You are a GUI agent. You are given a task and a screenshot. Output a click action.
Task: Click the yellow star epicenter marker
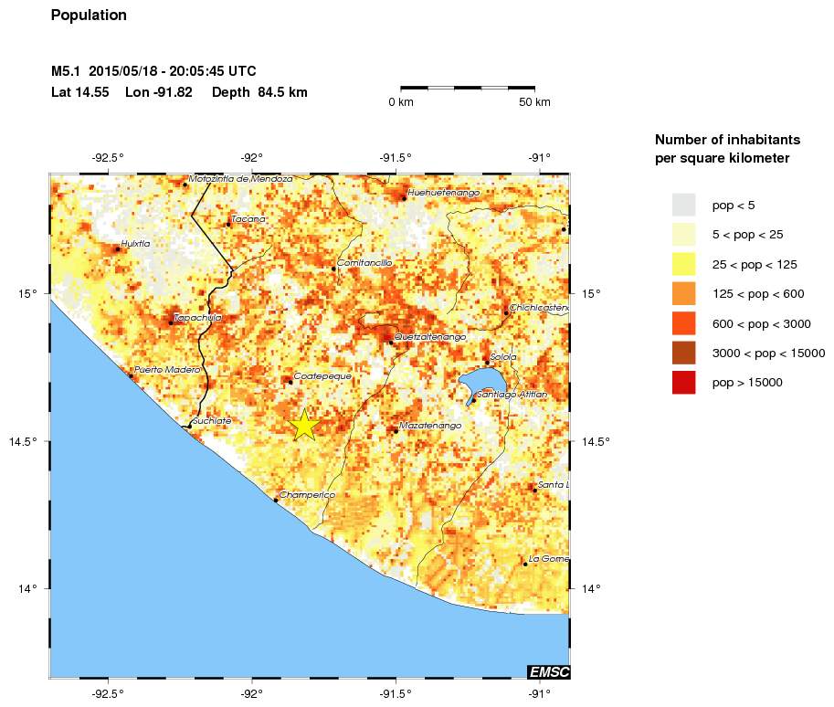[x=304, y=425]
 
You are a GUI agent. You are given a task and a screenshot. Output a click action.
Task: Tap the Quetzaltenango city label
[x=430, y=337]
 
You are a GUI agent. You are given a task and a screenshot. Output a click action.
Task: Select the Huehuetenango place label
[x=443, y=193]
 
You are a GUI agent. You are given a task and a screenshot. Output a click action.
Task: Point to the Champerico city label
[x=307, y=495]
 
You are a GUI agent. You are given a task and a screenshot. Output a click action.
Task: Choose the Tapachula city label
[x=197, y=317]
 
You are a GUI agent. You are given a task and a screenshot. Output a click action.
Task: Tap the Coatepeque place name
[x=322, y=375]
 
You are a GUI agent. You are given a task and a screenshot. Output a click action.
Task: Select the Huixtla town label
[x=135, y=243]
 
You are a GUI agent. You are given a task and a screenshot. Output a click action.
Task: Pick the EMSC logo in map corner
[x=548, y=672]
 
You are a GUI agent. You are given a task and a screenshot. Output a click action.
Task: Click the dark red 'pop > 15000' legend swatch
[x=683, y=383]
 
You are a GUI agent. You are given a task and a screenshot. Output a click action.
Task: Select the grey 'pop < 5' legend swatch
[x=683, y=205]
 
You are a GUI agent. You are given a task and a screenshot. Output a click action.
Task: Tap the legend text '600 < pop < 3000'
[x=761, y=323]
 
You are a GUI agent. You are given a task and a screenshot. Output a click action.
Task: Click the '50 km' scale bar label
[x=534, y=102]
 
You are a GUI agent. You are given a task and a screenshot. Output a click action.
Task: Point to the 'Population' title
[x=89, y=16]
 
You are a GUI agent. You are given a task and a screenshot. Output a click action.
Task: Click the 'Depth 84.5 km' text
[x=259, y=92]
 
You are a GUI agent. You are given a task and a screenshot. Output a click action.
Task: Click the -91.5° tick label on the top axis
[x=396, y=156]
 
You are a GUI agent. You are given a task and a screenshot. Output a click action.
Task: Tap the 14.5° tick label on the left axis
[x=27, y=441]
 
